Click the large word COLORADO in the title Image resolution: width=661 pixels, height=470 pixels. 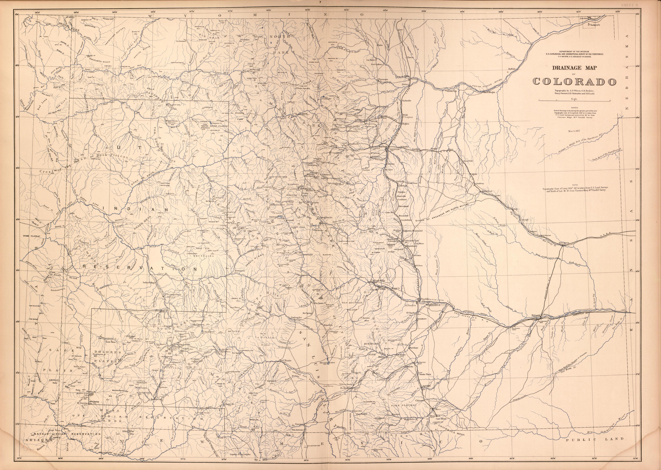[x=574, y=82]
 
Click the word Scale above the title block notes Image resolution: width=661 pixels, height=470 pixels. [x=574, y=99]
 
